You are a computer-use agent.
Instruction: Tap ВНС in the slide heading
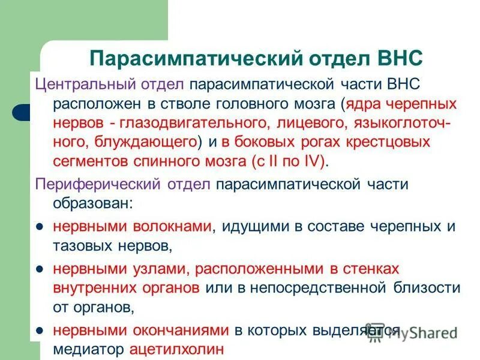[401, 58]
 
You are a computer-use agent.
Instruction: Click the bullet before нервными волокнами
[39, 227]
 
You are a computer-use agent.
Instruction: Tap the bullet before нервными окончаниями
[39, 330]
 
